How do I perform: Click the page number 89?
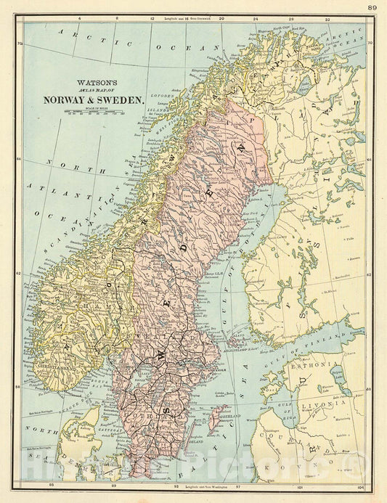371,7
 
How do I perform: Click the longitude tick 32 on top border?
328,17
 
